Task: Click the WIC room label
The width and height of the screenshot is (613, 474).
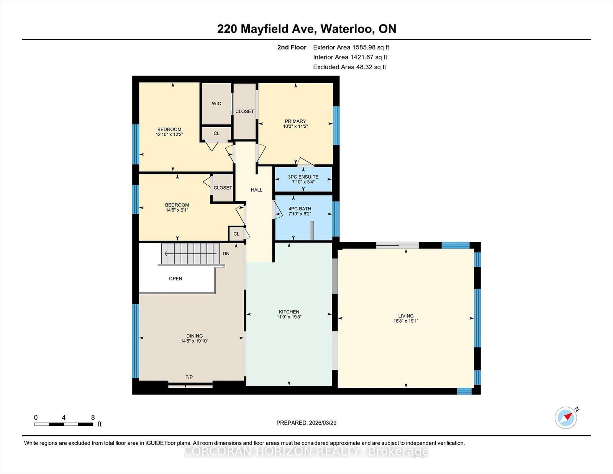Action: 216,103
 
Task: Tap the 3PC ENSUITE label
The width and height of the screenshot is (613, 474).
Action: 303,177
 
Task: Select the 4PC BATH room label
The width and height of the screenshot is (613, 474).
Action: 300,209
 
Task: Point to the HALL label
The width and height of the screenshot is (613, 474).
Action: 256,190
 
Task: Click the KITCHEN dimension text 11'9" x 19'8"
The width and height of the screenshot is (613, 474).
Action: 289,317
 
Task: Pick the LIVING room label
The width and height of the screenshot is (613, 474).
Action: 406,316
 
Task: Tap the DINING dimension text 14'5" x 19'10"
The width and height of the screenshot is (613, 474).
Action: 194,341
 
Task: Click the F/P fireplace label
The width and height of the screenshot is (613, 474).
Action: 189,377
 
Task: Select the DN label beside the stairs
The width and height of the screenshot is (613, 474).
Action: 226,254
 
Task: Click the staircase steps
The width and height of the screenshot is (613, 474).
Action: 190,254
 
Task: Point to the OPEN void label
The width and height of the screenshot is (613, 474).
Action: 175,279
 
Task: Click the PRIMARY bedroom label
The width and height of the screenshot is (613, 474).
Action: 295,121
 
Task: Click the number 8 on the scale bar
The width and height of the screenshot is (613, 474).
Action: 93,418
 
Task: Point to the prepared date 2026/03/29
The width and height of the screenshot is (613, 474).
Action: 323,423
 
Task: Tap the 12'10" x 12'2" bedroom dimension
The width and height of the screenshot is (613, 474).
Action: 169,134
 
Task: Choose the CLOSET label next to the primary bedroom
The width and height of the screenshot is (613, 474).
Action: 244,112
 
